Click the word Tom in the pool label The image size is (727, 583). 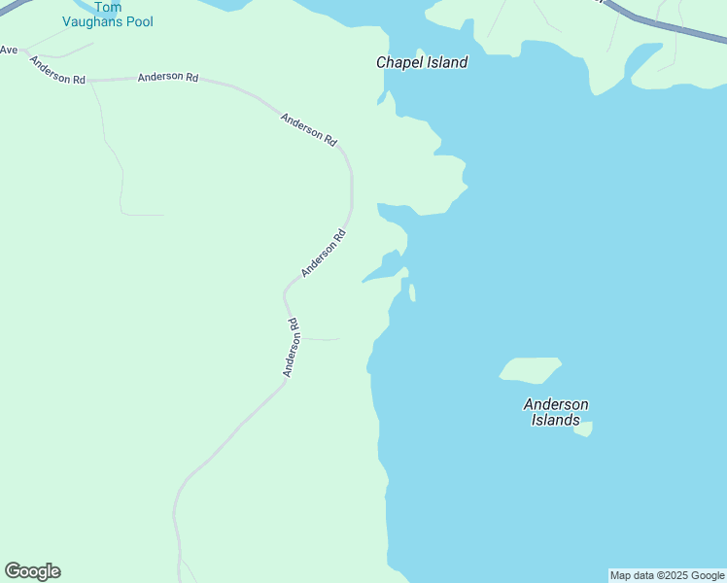coord(107,7)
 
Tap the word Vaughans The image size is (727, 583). coord(93,21)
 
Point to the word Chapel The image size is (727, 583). coord(399,62)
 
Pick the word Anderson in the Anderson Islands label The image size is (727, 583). coord(556,404)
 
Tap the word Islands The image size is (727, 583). coord(556,421)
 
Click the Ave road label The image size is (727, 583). coord(9,50)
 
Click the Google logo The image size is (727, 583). coord(32,571)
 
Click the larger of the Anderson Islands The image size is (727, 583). coord(530,369)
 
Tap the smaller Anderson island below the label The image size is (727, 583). coord(584,429)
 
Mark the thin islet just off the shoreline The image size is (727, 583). coord(412,292)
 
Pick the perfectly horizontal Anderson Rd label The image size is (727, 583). coord(168,77)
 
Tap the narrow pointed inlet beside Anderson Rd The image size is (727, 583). coord(380,270)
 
